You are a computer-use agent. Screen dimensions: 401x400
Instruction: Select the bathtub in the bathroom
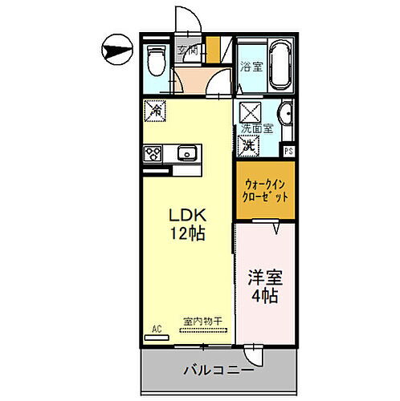(279, 66)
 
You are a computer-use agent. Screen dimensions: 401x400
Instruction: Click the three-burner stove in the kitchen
(153, 152)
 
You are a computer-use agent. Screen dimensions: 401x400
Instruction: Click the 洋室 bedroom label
(265, 278)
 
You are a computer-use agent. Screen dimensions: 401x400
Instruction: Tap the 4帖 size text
(265, 298)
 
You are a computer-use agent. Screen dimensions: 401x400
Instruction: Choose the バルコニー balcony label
(218, 371)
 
